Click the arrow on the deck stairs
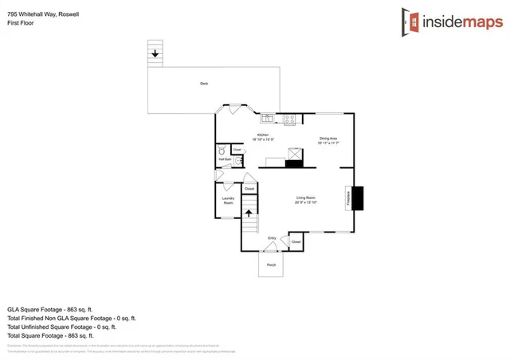pyautogui.click(x=154, y=53)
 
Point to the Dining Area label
pyautogui.click(x=328, y=140)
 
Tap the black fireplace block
pyautogui.click(x=358, y=198)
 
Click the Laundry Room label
pyautogui.click(x=227, y=202)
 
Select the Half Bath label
pyautogui.click(x=225, y=159)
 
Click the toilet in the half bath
pyautogui.click(x=222, y=150)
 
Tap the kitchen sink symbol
pyautogui.click(x=269, y=119)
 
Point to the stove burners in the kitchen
pyautogui.click(x=289, y=119)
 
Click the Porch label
pyautogui.click(x=271, y=264)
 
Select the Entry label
pyautogui.click(x=272, y=237)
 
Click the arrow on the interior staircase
pyautogui.click(x=249, y=213)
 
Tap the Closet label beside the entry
pyautogui.click(x=296, y=241)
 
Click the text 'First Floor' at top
pyautogui.click(x=20, y=24)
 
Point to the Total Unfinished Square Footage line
pyautogui.click(x=61, y=327)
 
